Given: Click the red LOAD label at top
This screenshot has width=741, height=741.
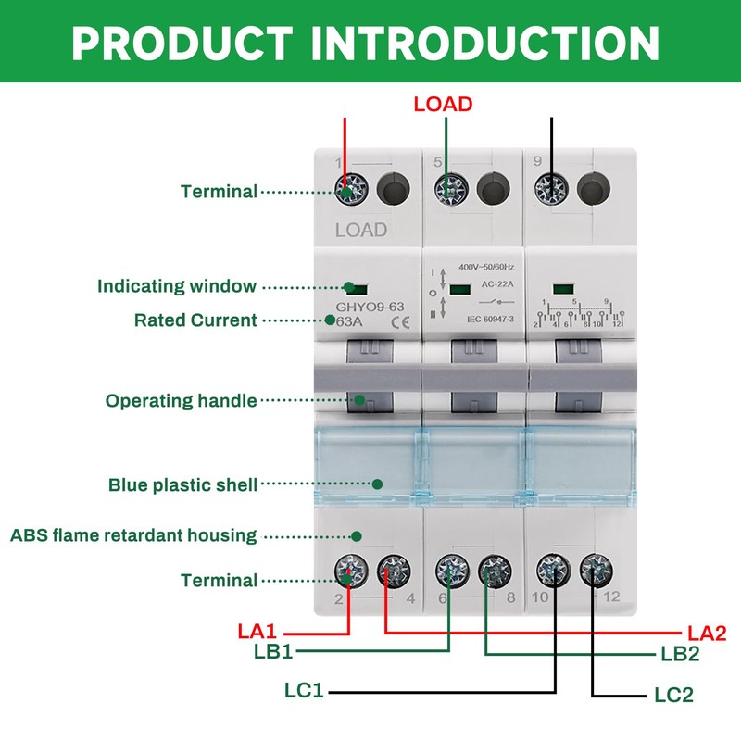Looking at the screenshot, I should (443, 103).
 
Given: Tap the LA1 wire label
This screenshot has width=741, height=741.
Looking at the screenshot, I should (257, 632).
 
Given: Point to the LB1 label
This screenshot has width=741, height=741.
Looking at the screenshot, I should (273, 651).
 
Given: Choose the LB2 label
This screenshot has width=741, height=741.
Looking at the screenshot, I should (680, 653).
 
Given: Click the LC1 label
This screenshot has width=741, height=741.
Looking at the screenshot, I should (306, 690).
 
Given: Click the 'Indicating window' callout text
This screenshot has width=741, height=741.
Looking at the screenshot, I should (177, 286).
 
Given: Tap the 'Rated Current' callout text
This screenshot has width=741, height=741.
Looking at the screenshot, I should (195, 320).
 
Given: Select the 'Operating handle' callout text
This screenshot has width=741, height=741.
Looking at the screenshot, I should (181, 401).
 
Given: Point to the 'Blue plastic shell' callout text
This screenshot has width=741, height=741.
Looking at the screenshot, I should (182, 484).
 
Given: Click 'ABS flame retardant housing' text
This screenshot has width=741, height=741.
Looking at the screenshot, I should (133, 534).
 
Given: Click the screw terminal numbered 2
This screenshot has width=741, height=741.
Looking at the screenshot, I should (349, 568).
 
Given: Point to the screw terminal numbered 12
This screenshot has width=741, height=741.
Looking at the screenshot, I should (595, 568).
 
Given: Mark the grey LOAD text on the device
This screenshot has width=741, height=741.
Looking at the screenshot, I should (361, 229).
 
